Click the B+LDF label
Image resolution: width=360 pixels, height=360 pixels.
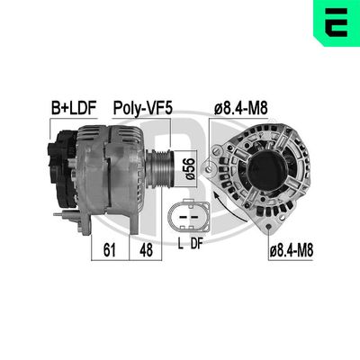click(x=72, y=108)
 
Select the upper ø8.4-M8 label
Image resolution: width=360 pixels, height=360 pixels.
click(x=240, y=108)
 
